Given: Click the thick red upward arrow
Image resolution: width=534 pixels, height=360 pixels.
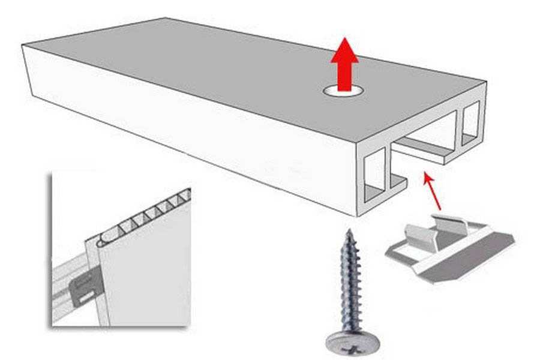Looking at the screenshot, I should tap(344, 69).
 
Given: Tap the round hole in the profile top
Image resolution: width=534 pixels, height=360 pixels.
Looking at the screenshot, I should tap(344, 91).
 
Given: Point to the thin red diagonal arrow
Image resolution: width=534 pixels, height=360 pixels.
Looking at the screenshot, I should tap(432, 191).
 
